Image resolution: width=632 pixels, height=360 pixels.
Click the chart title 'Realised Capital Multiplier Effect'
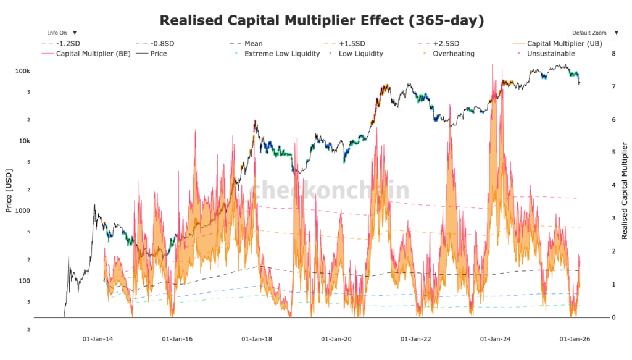(322, 20)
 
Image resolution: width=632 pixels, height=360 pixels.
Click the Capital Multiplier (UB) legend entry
(559, 44)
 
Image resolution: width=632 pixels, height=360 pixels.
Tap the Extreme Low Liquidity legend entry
(281, 54)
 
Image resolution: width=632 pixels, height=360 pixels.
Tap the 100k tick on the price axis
(23, 72)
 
